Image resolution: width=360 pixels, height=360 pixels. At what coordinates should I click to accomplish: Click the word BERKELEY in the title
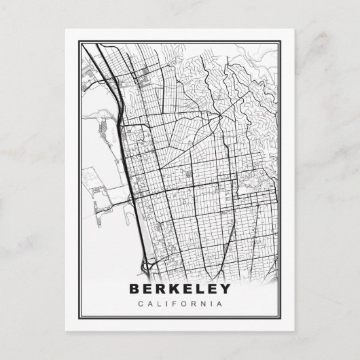[179, 289]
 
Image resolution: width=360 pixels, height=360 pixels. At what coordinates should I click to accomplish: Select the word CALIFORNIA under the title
[179, 303]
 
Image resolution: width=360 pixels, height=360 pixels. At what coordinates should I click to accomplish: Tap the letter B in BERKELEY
[134, 289]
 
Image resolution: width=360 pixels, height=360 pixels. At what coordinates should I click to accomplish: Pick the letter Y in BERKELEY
[225, 289]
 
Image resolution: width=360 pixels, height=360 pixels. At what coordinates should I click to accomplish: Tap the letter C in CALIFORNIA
[139, 303]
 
